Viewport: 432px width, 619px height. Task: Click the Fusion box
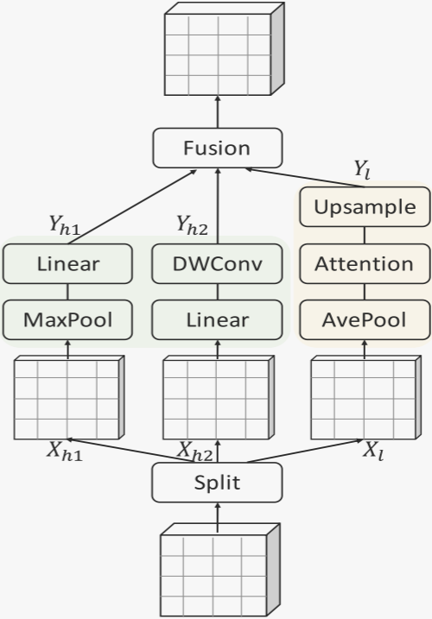point(218,148)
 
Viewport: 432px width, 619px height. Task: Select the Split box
point(218,482)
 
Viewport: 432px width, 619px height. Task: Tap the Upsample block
point(364,207)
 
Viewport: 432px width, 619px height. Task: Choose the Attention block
point(364,263)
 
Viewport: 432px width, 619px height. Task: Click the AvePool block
point(364,319)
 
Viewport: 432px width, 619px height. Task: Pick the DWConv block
point(217,263)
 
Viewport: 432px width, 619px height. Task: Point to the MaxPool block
point(67,319)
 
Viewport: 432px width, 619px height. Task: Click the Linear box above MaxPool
point(67,263)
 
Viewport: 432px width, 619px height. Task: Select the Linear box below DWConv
point(217,319)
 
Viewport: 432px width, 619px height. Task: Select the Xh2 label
point(195,451)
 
